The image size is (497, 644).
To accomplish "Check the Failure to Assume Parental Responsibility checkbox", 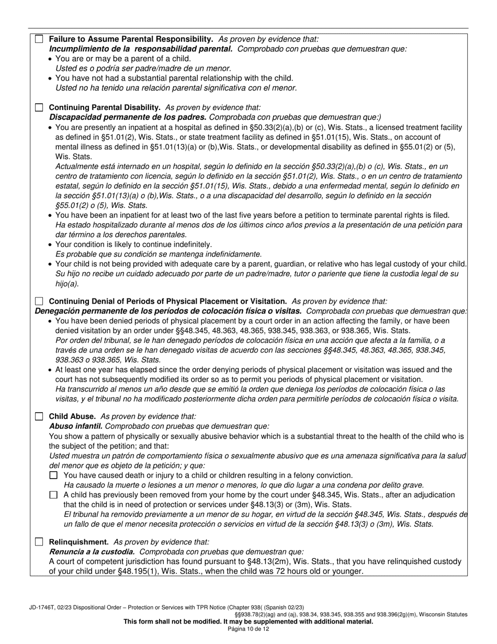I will click(x=39, y=39).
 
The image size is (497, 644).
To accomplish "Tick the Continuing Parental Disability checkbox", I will click(x=39, y=107).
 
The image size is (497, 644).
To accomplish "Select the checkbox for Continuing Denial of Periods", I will click(x=39, y=302).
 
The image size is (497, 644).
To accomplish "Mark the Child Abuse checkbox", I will click(x=39, y=417).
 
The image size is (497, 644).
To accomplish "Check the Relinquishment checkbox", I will click(x=39, y=542).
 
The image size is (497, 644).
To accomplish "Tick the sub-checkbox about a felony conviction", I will click(x=53, y=475).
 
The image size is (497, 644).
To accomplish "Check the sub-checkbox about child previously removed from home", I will click(x=53, y=495).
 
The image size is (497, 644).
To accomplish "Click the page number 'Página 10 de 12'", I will click(x=249, y=629).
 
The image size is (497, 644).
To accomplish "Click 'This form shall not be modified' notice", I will click(x=248, y=621).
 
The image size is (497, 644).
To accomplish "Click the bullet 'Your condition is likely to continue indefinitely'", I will click(x=133, y=244).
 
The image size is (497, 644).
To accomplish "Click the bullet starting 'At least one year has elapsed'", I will click(x=253, y=370).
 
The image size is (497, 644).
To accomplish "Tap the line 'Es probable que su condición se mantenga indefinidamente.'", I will click(x=159, y=254).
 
